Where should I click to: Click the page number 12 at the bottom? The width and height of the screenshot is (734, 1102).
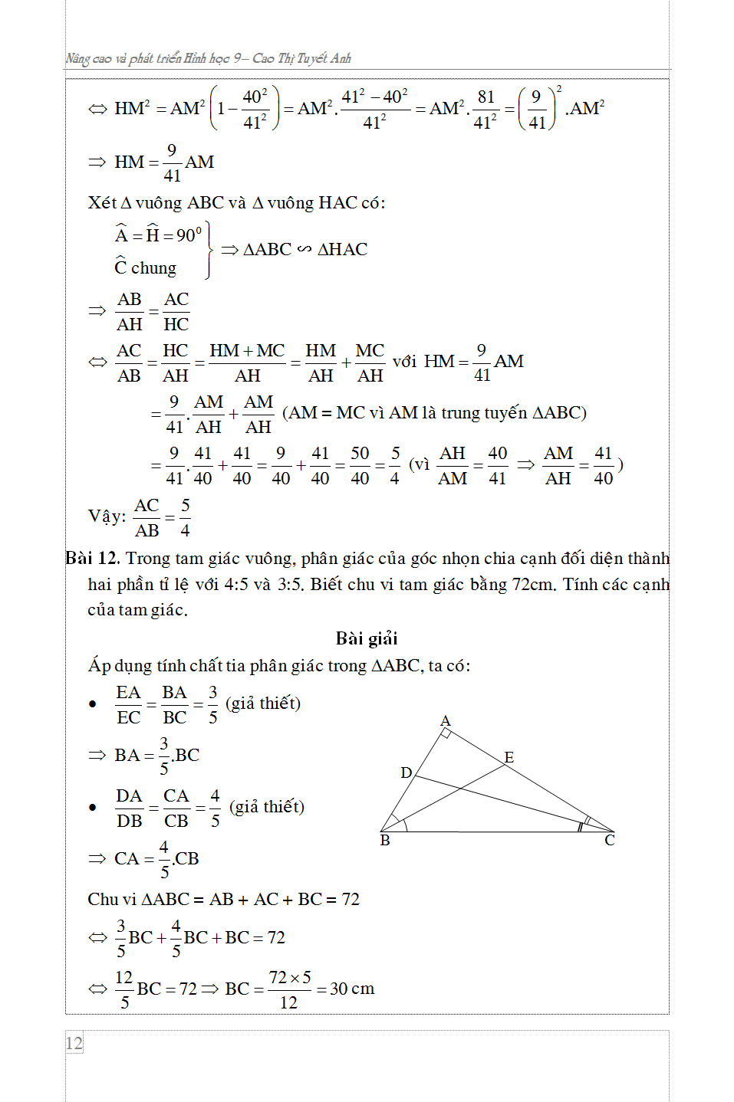(74, 1043)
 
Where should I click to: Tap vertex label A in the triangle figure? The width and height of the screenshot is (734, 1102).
(446, 721)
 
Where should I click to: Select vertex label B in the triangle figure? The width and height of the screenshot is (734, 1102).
(385, 841)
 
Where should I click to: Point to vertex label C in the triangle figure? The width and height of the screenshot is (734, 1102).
(610, 841)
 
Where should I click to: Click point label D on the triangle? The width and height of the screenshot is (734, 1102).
(406, 772)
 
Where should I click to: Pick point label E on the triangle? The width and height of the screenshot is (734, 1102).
(509, 757)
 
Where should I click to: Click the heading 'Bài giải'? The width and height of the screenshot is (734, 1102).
(367, 638)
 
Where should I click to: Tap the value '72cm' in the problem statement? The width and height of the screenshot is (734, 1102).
(532, 585)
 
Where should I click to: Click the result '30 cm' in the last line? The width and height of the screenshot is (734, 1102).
(352, 989)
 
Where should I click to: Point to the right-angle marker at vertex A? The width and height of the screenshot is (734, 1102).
(445, 734)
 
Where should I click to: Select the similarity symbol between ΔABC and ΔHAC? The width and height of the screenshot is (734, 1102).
(304, 249)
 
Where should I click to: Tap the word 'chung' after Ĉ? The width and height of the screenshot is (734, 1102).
(153, 268)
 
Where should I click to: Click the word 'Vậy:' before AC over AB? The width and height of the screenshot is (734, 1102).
(107, 516)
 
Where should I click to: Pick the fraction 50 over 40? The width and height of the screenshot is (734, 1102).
(360, 465)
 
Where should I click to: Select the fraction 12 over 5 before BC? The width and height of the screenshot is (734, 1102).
(124, 989)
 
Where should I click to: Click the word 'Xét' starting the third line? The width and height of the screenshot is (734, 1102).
(102, 202)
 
